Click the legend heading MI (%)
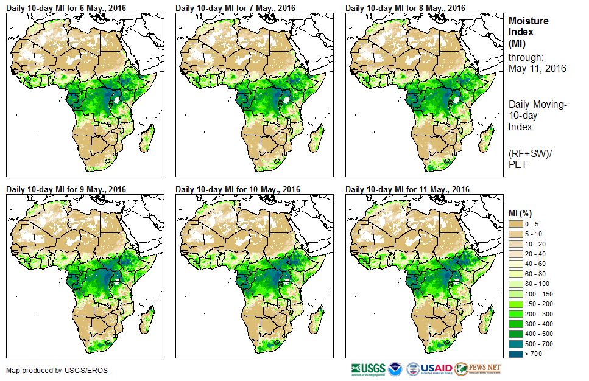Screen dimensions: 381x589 [523, 212]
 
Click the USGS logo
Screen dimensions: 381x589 [367, 369]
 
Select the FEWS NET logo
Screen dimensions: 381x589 [479, 369]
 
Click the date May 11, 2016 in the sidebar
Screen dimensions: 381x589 [537, 69]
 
